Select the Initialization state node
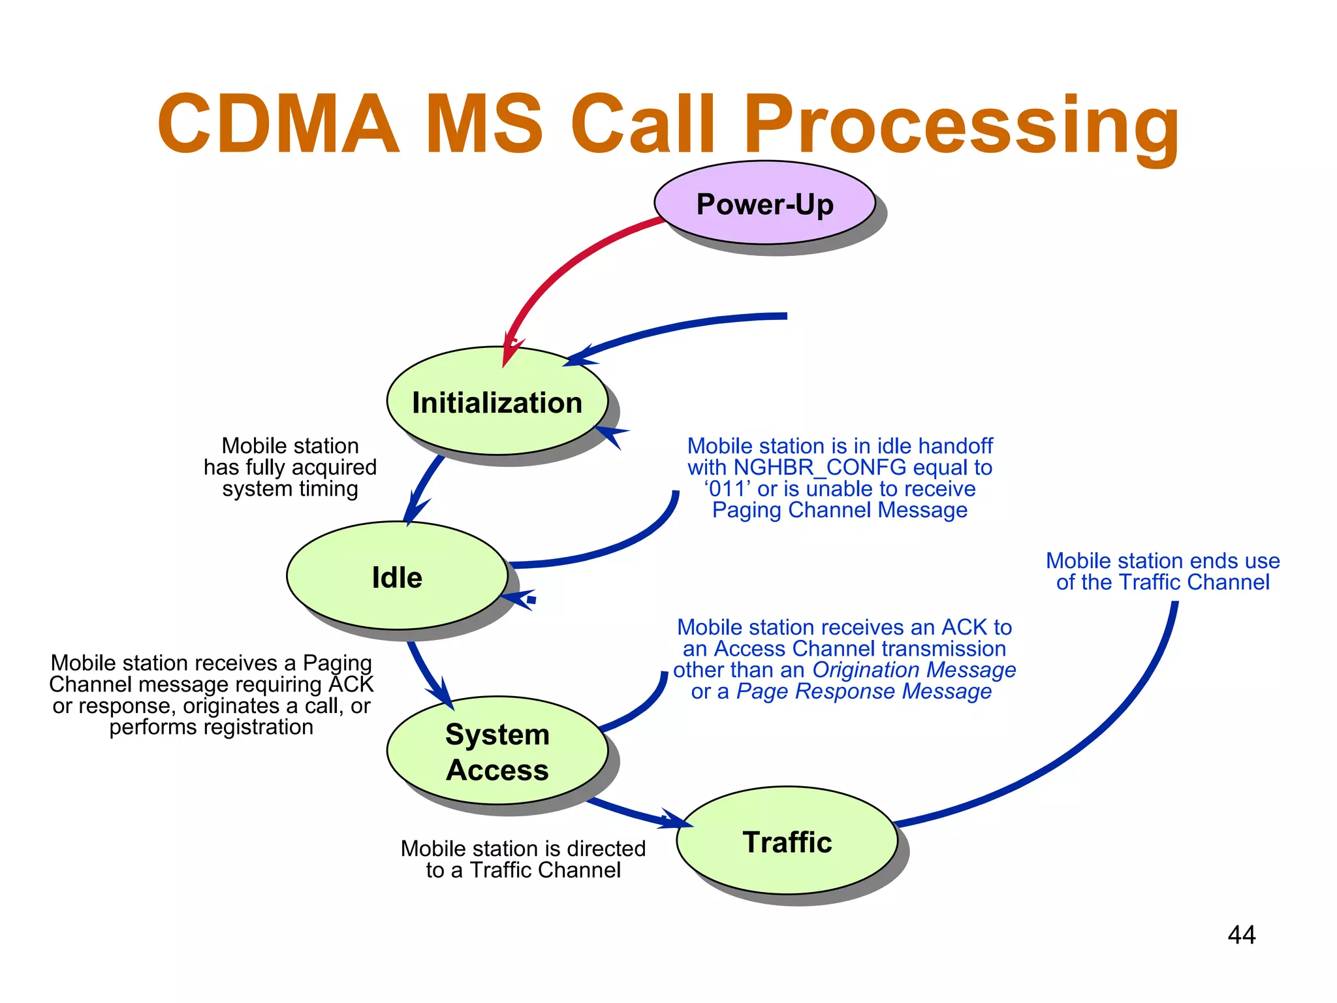point(497,401)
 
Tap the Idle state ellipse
point(397,576)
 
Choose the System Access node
point(497,751)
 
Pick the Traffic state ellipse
point(787,841)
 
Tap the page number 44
point(1241,935)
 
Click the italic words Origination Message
point(914,670)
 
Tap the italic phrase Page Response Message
point(864,692)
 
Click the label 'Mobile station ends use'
point(1163,561)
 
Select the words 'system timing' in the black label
point(290,489)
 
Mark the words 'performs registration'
point(211,727)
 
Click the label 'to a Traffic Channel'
point(523,870)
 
